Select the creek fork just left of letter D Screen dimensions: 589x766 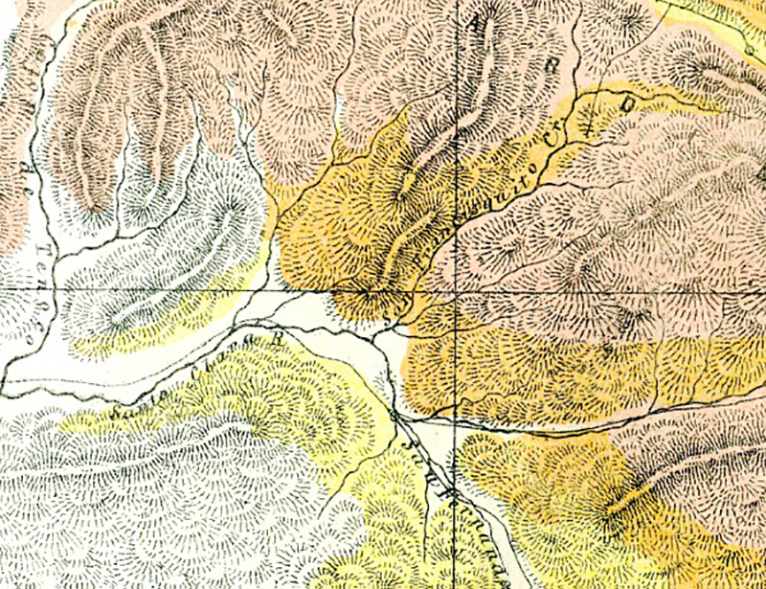pyautogui.click(x=582, y=125)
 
